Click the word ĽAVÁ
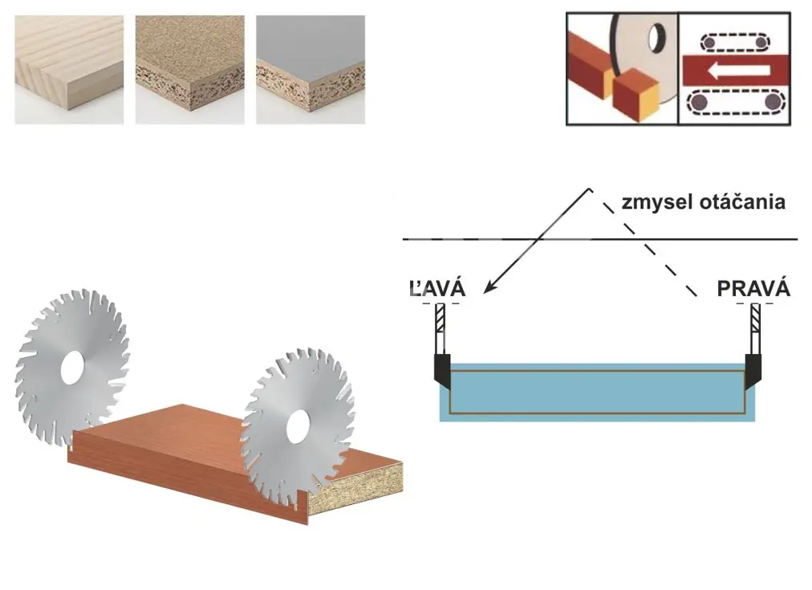pos(437,289)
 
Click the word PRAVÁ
pos(753,289)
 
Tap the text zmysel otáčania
pos(704,202)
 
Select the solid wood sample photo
pos(69,69)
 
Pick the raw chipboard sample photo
pos(189,69)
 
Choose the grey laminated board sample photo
pos(311,69)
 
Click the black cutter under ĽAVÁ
pos(441,371)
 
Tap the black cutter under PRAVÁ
pos(753,371)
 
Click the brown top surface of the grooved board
pos(185,437)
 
